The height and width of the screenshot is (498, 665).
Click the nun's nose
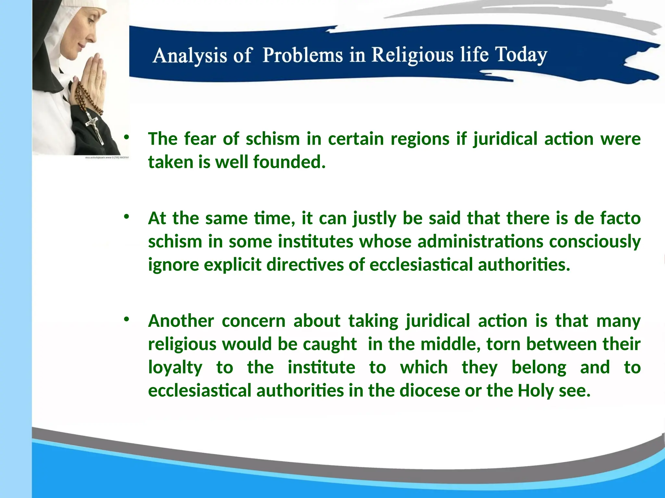pyautogui.click(x=93, y=36)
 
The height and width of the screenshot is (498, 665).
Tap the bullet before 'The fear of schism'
pyautogui.click(x=126, y=137)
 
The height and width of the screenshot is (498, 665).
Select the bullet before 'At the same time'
pyautogui.click(x=126, y=217)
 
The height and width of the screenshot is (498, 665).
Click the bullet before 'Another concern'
pyautogui.click(x=126, y=319)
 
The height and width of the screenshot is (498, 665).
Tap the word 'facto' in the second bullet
pyautogui.click(x=620, y=218)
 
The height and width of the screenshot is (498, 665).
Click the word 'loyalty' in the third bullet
pyautogui.click(x=175, y=368)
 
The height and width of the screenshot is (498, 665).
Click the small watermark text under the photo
pyautogui.click(x=107, y=158)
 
